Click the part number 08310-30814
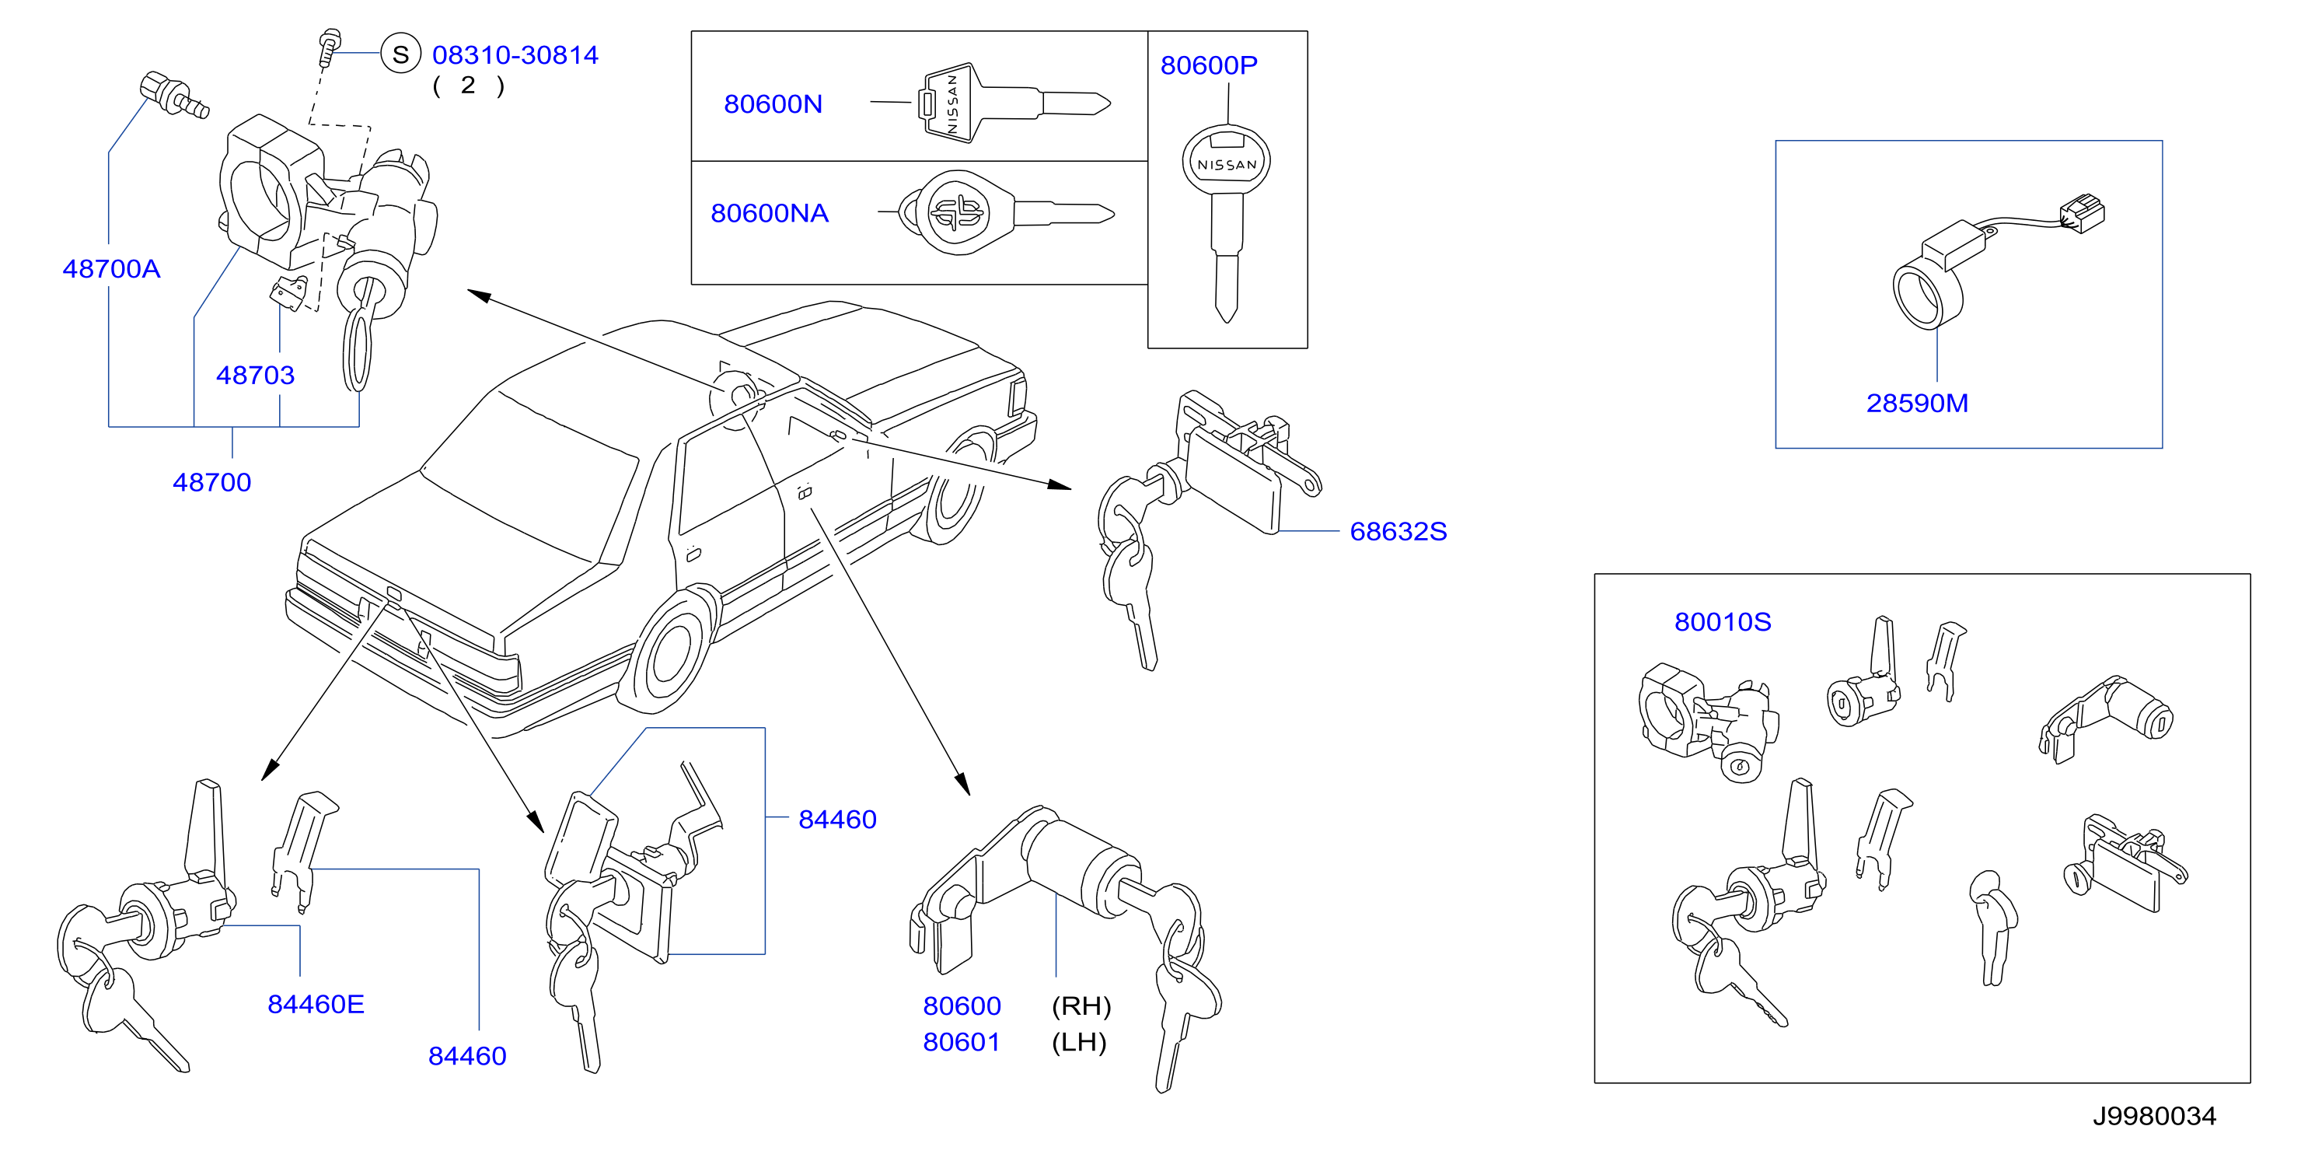point(515,54)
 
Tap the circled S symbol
point(400,54)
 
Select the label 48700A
point(111,269)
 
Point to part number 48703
point(255,375)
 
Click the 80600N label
point(773,104)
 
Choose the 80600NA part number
point(770,213)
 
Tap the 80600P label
point(1209,65)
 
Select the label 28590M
point(1917,403)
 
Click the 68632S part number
point(1398,531)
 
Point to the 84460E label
point(316,1005)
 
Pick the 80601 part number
point(962,1042)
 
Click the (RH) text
point(1081,1006)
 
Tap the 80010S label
point(1723,622)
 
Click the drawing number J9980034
point(2155,1117)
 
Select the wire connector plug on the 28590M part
point(2083,214)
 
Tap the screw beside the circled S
point(329,48)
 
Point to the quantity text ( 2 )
point(469,86)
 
